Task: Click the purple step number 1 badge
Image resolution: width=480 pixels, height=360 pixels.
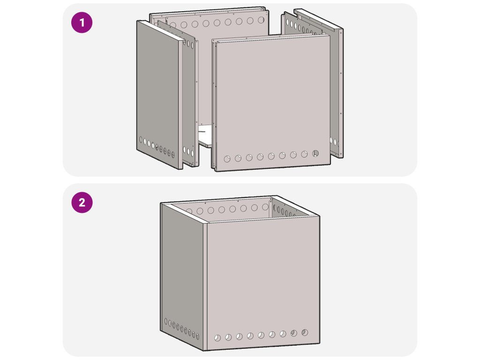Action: (x=82, y=22)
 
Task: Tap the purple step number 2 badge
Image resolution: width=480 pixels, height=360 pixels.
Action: (x=82, y=202)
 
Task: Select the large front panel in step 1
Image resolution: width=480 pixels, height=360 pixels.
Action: (x=272, y=103)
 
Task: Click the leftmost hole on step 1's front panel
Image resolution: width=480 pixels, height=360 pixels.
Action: (x=227, y=159)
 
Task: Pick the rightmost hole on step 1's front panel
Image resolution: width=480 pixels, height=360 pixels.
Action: (x=315, y=153)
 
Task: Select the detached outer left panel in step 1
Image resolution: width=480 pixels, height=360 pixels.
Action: (x=159, y=95)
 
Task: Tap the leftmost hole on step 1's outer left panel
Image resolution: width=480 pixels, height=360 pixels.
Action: (x=141, y=140)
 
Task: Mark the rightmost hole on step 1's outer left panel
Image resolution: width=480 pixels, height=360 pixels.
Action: (x=172, y=154)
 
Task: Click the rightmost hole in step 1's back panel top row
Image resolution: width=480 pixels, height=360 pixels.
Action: (x=261, y=20)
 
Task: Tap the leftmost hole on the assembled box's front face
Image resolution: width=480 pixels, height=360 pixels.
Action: (x=217, y=338)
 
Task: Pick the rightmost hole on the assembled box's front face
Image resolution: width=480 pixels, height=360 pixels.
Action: (x=305, y=332)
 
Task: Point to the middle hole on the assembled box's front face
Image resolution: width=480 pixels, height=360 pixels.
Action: (x=261, y=335)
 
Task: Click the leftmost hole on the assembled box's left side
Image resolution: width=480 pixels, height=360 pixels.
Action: (x=166, y=322)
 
